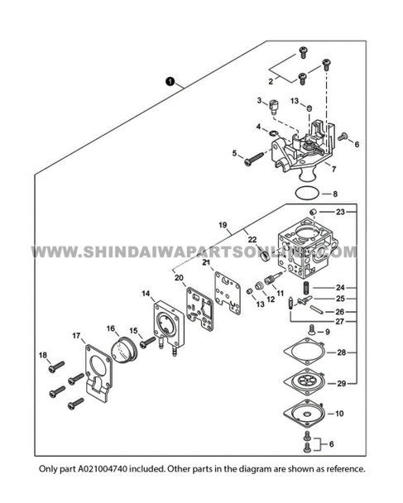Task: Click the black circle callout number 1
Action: [x=170, y=81]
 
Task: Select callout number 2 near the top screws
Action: [x=270, y=81]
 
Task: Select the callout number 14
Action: [x=146, y=294]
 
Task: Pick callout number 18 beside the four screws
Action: [x=43, y=356]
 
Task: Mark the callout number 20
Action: [x=179, y=277]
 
